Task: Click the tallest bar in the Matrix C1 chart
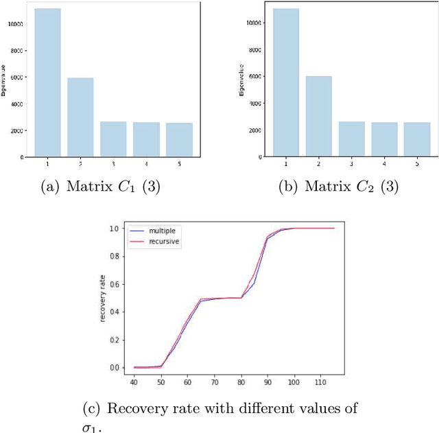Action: (47, 82)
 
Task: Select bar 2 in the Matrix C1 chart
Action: (80, 117)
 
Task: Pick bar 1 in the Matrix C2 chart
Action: (285, 82)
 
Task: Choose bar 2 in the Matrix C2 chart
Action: (318, 116)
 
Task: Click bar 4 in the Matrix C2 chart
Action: (383, 139)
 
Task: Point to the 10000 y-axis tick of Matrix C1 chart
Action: (16, 23)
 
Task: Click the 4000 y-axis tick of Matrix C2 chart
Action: (254, 104)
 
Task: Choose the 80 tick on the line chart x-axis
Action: (241, 382)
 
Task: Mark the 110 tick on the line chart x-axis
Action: (319, 382)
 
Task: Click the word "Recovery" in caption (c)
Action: (141, 410)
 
